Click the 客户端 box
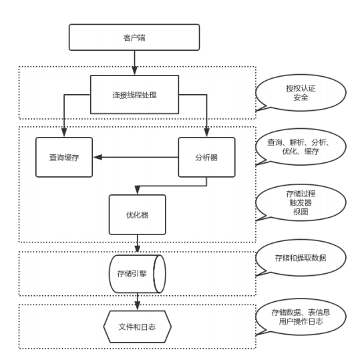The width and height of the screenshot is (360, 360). coord(134,37)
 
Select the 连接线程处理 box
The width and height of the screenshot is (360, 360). coord(134,95)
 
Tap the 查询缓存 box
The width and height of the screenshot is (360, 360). coord(64,157)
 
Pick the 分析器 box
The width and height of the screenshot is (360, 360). coord(206,157)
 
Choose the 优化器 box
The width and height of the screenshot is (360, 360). coord(138,214)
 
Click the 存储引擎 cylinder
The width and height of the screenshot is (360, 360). coord(138,274)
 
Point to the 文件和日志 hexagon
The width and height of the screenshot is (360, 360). coord(138,327)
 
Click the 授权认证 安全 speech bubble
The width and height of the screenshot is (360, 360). coord(301,93)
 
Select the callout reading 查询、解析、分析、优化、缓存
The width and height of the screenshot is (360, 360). coord(301,147)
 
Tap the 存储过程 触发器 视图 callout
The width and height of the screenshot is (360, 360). coord(301,203)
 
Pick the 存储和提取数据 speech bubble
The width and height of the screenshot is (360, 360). coord(301,258)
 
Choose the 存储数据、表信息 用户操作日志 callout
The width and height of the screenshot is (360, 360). coord(301,317)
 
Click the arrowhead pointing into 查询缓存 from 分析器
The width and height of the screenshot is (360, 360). coord(98,157)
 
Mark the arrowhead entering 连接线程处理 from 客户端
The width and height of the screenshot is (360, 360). coord(134,71)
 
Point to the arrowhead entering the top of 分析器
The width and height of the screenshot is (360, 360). coord(206,133)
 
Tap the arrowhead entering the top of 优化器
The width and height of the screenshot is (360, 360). coord(138,190)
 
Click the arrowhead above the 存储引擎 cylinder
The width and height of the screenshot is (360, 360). coord(138,249)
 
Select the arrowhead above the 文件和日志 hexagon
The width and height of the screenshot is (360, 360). coord(138,306)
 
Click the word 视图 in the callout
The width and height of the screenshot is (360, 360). coord(301,212)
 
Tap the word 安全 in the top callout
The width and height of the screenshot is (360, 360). coord(301,98)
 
